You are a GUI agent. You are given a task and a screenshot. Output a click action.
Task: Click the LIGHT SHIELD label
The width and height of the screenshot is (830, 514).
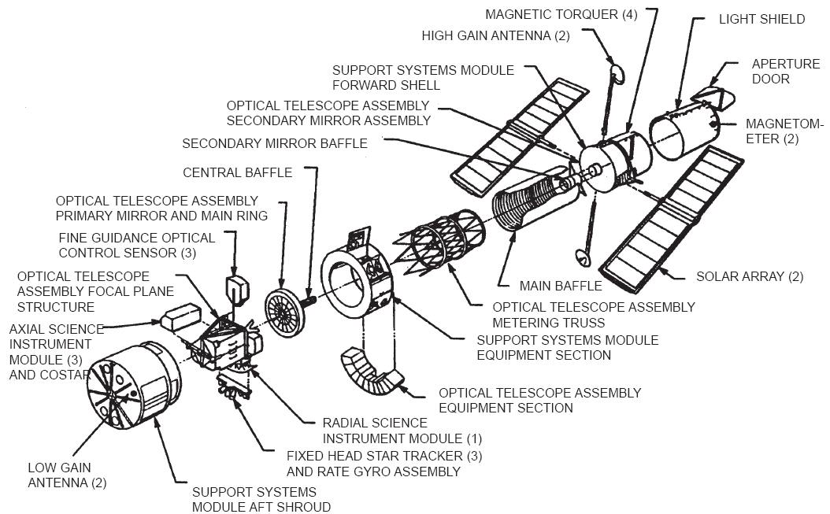click(x=762, y=19)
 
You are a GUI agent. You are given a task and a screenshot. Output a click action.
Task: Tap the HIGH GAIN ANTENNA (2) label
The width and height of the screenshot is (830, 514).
click(x=495, y=35)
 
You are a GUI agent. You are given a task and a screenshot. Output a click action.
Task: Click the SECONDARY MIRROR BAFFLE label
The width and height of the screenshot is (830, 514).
click(x=275, y=143)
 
